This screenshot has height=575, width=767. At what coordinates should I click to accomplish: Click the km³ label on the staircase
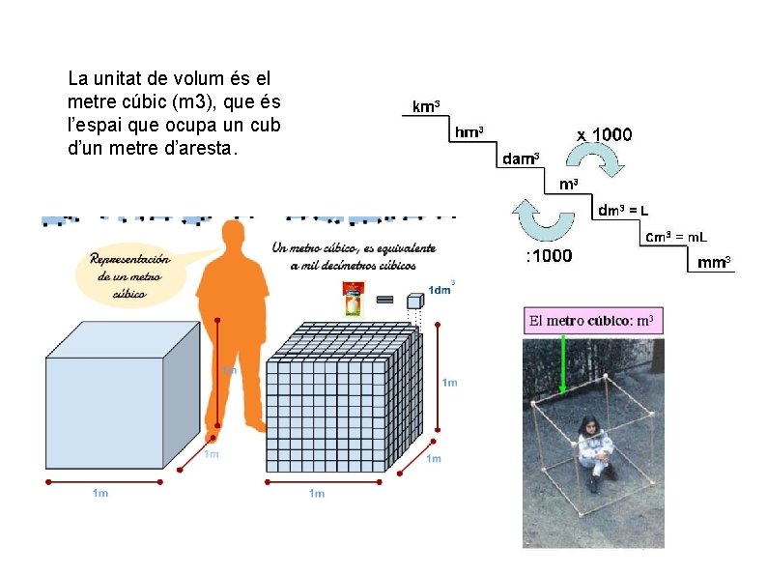426,106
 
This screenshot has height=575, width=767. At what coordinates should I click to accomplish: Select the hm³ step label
469,131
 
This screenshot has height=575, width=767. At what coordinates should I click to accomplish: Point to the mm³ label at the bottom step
714,261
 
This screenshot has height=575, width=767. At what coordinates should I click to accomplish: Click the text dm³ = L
623,210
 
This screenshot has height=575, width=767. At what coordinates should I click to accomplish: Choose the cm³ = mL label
675,236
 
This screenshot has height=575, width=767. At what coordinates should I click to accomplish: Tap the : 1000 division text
548,256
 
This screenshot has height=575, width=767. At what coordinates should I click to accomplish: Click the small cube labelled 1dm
414,301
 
